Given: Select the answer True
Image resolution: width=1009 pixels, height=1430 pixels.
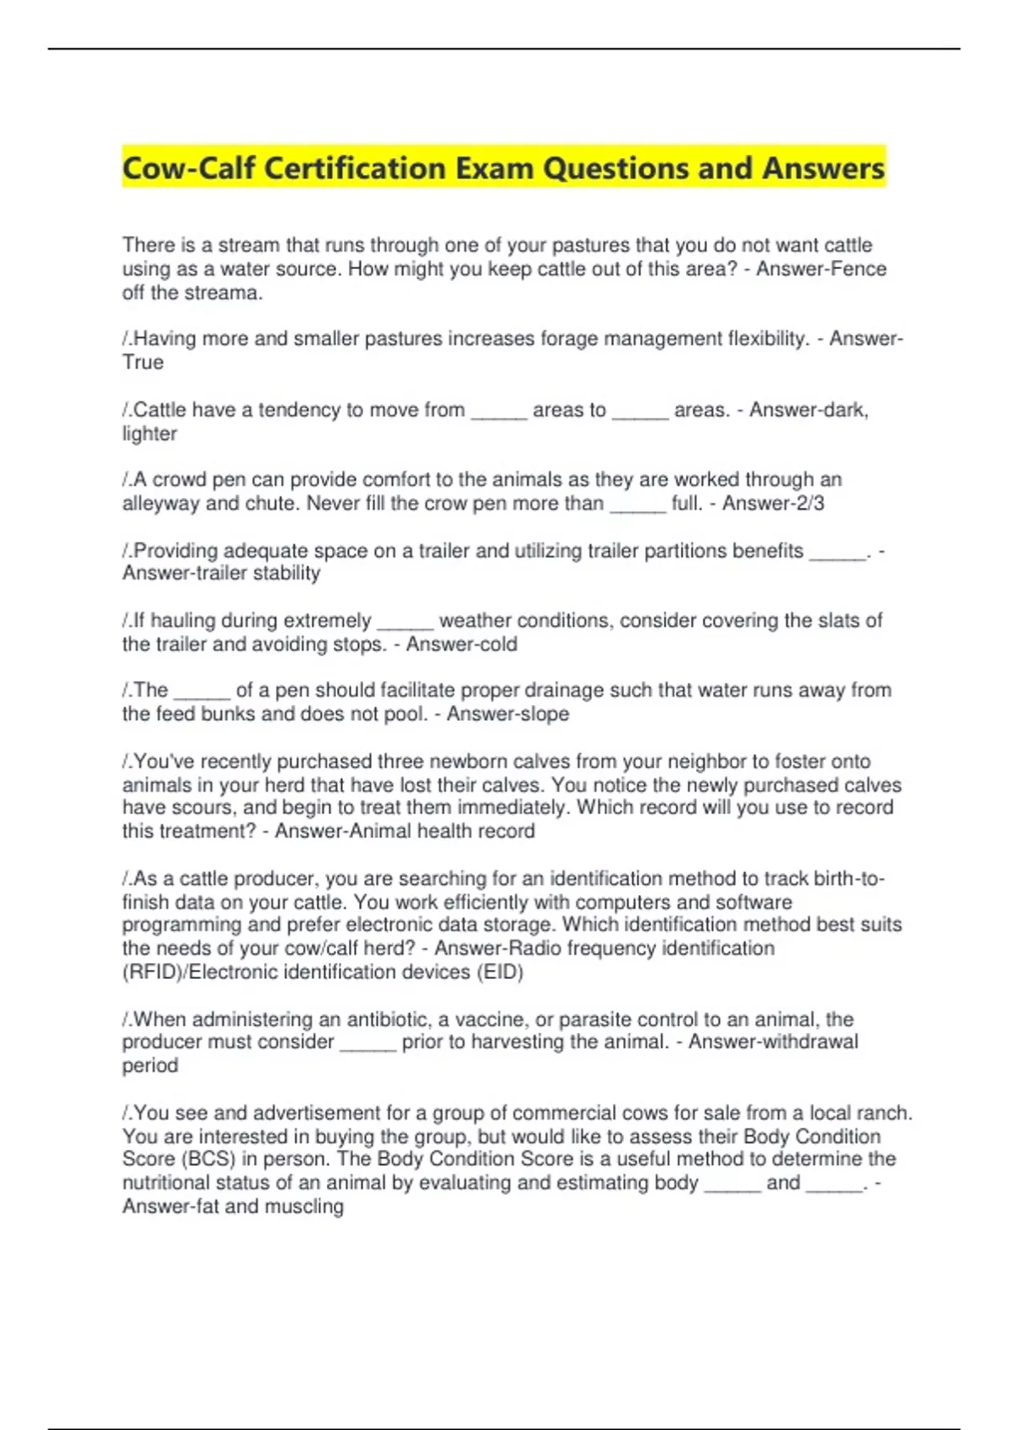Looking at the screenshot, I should click(143, 363).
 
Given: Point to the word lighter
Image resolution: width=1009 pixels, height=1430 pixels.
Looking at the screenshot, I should click(150, 434).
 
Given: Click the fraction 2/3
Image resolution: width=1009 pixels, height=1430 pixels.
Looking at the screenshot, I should click(807, 504).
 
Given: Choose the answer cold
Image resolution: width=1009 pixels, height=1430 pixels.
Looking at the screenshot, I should click(497, 644).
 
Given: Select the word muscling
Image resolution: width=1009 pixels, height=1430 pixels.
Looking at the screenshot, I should click(304, 1206).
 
